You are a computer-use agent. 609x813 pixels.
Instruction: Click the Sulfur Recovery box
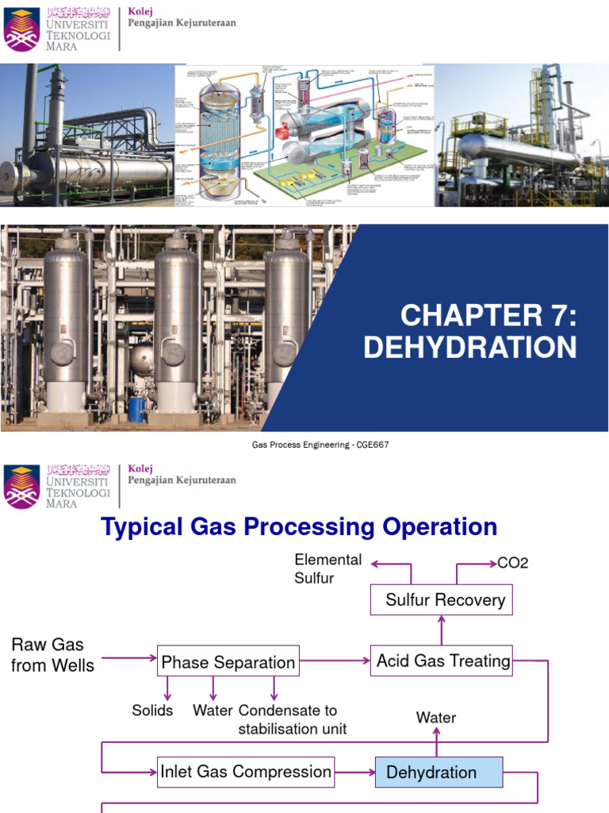click(442, 599)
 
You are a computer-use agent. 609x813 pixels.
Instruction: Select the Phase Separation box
click(228, 661)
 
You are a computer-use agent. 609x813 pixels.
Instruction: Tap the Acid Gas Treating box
click(442, 661)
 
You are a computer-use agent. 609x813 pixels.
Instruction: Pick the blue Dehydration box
click(439, 772)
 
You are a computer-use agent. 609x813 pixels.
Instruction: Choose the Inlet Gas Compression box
click(245, 772)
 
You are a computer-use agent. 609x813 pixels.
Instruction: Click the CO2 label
click(512, 563)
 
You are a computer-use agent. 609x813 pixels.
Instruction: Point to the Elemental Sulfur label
click(327, 568)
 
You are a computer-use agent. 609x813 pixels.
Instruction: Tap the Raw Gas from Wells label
click(52, 655)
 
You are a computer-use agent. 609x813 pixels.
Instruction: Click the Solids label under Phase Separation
click(152, 710)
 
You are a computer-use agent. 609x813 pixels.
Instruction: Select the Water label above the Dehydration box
click(436, 718)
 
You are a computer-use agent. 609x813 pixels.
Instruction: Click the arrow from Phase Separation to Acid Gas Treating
click(335, 661)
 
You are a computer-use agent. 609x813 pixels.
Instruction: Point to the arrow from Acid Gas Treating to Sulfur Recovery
click(442, 630)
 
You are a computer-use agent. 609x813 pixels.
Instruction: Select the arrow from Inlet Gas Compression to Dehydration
click(354, 772)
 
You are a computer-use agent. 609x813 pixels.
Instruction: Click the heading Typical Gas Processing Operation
click(299, 526)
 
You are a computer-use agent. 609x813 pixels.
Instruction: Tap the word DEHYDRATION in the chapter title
click(469, 348)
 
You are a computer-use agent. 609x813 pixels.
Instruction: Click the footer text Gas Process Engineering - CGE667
click(320, 445)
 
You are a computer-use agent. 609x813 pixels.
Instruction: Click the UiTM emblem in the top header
click(21, 29)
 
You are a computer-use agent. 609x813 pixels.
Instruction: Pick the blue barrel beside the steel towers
click(136, 409)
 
